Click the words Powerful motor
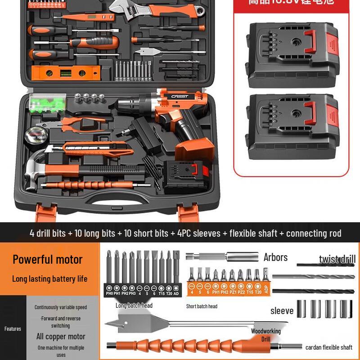click(x=48, y=259)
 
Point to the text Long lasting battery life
click(x=49, y=279)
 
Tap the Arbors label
click(x=275, y=257)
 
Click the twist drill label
click(x=337, y=259)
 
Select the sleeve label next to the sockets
click(x=282, y=311)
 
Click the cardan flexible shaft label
click(x=328, y=347)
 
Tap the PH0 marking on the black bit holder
click(x=108, y=293)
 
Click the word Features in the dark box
click(x=13, y=328)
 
